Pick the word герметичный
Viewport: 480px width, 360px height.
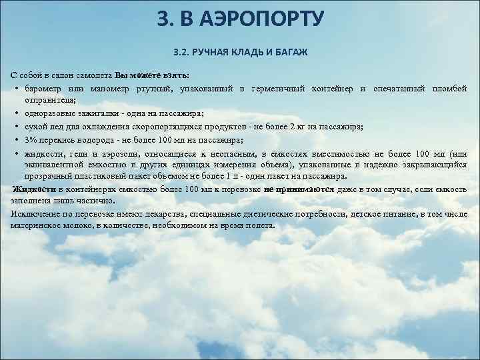coord(279,89)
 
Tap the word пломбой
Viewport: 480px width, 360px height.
coord(450,89)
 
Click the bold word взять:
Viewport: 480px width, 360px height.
coord(176,75)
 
